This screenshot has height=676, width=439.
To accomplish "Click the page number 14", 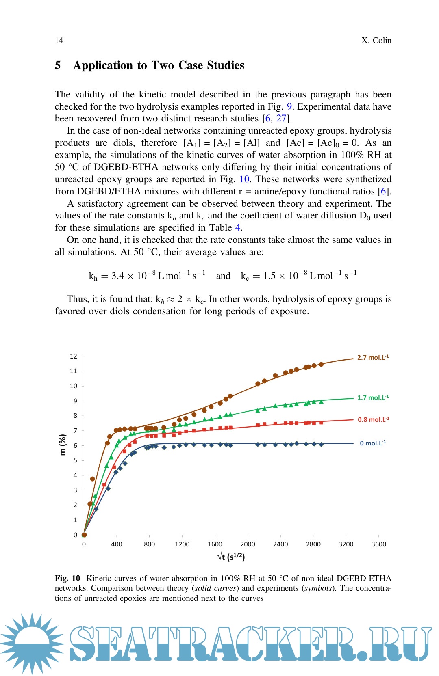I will [59, 40].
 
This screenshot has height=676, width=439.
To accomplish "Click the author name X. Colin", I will [376, 40].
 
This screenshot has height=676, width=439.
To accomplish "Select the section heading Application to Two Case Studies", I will [159, 65].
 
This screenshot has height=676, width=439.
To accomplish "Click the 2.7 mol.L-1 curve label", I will [372, 358].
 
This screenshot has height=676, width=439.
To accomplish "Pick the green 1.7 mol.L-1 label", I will [372, 398].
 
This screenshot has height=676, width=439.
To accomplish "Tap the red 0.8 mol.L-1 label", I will [373, 420].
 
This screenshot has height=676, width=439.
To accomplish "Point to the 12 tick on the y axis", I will [74, 356].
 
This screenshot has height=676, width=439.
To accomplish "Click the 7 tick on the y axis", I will [75, 431].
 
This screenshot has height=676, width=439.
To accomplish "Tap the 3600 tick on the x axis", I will [378, 544].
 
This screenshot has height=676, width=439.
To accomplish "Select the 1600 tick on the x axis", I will [215, 544].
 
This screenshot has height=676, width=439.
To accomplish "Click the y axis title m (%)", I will [63, 445].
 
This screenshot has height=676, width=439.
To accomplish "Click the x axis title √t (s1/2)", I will [231, 557].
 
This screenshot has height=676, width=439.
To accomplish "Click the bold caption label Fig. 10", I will [67, 579].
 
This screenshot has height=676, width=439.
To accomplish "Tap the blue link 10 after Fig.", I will [244, 179].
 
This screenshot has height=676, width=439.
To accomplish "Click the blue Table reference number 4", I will [238, 228].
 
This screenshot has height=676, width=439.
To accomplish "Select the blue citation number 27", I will [281, 119].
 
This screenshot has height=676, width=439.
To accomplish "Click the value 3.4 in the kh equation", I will [117, 276].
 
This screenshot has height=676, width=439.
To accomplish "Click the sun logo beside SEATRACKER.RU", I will [32, 644].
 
